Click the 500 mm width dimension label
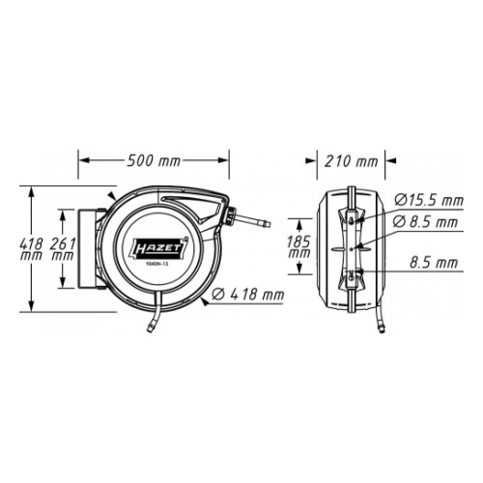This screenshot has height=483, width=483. point(154,160)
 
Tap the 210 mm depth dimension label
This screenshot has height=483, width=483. point(351,161)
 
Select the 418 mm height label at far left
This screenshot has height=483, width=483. point(31,249)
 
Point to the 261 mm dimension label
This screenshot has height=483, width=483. point(63,249)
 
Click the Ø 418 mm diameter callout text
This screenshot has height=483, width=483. point(248,294)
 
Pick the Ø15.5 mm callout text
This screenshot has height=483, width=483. point(429,200)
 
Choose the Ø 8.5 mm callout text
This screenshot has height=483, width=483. point(426,222)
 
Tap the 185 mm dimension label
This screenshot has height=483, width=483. point(298,246)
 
